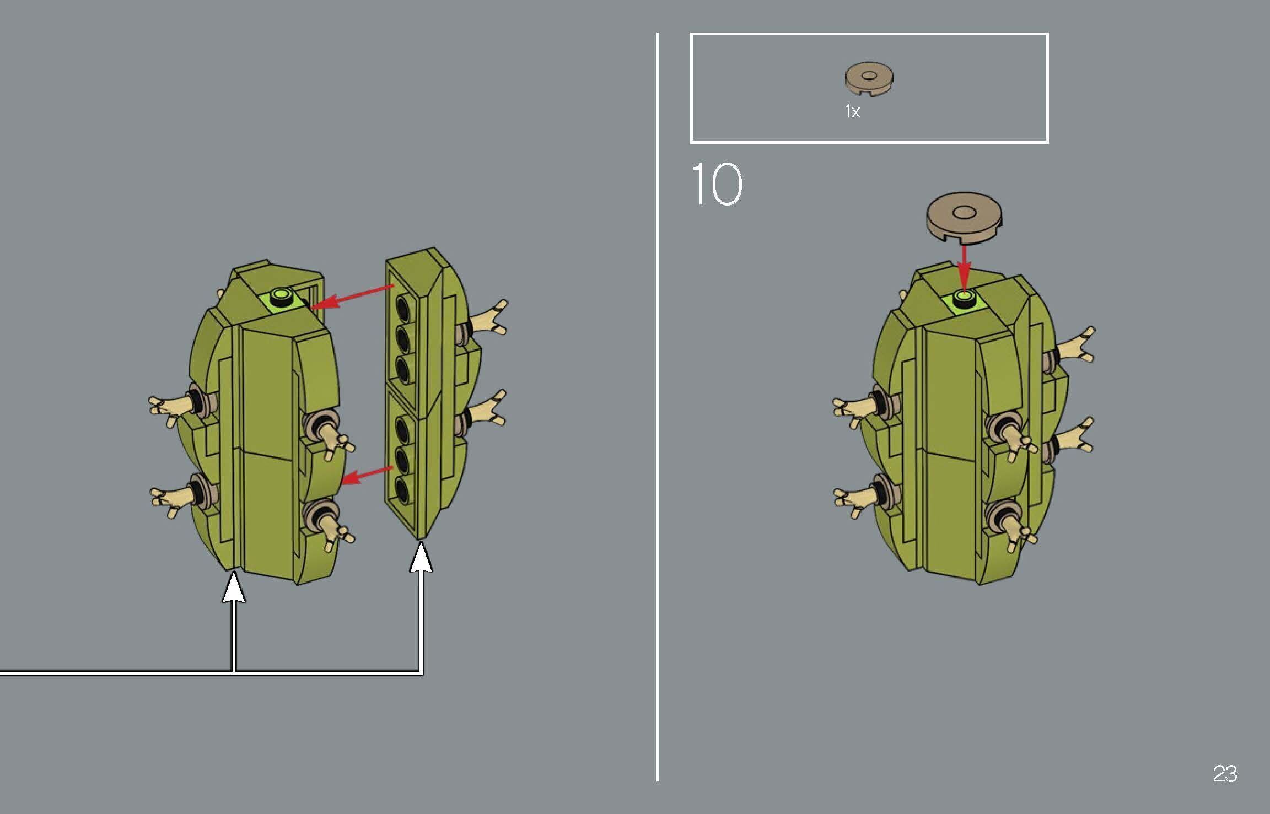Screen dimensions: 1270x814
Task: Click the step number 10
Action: (717, 184)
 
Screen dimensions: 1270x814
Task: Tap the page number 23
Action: (1225, 774)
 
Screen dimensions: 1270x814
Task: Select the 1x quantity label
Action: (853, 112)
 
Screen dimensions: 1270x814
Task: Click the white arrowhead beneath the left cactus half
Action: (234, 587)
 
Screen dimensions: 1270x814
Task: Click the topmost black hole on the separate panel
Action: (405, 306)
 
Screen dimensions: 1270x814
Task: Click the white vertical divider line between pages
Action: (658, 407)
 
